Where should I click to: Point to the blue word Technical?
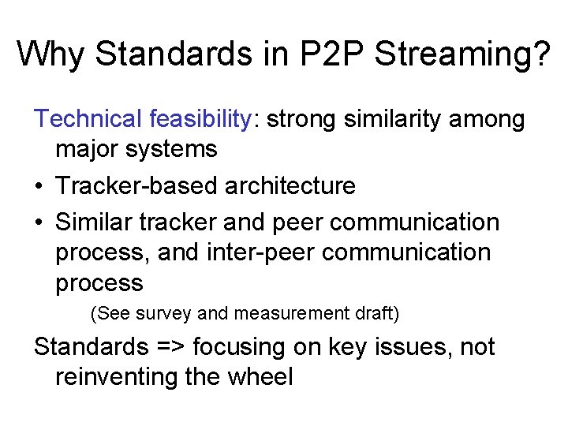tap(88, 119)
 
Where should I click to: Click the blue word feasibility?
tap(200, 119)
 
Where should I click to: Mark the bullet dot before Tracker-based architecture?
tap(39, 187)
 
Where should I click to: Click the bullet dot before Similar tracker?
tap(39, 223)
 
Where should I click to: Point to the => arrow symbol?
tap(172, 347)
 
